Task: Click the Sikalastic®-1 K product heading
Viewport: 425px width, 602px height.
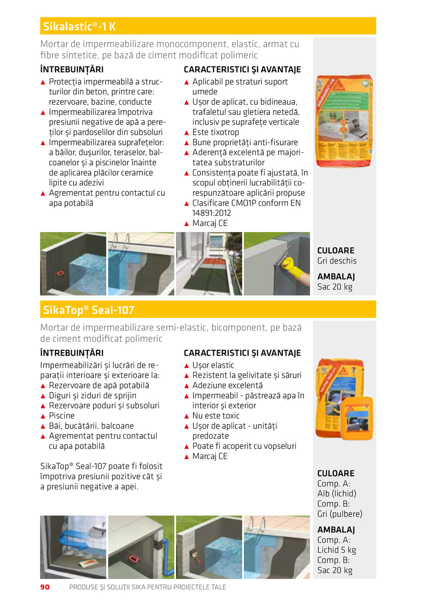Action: (79, 26)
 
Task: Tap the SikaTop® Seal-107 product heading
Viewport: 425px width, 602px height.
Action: (89, 310)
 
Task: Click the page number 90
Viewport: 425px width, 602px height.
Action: (44, 587)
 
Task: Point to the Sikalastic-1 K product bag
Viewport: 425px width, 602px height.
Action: (344, 121)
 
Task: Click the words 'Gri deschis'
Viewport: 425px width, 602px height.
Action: (337, 261)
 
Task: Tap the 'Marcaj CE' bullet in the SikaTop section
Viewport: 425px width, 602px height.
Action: (210, 456)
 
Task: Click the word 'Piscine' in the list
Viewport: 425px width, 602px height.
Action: (61, 416)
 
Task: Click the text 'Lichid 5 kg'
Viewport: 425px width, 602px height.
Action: (336, 550)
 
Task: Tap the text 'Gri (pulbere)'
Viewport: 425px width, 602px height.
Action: (340, 514)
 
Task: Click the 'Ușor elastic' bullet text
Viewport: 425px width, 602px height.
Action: (213, 365)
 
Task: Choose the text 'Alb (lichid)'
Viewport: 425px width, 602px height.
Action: (337, 494)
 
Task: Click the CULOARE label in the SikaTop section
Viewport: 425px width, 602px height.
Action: (336, 473)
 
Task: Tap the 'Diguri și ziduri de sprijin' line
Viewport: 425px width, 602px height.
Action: (92, 395)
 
